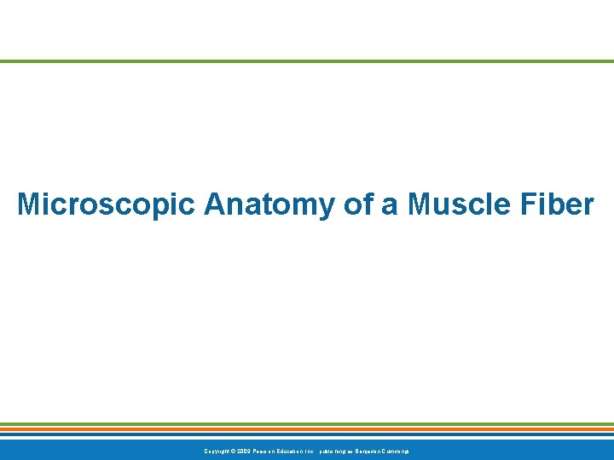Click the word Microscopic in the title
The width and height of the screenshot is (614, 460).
click(x=107, y=204)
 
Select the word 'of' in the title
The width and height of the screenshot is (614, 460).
click(x=355, y=204)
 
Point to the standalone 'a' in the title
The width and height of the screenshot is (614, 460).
click(x=390, y=205)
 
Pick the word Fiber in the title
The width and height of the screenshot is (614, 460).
click(x=558, y=204)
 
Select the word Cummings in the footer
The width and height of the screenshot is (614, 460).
click(x=397, y=451)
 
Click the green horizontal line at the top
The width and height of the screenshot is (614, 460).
click(x=307, y=61)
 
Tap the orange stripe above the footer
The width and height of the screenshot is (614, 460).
click(x=307, y=429)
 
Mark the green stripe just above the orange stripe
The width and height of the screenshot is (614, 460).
click(x=307, y=424)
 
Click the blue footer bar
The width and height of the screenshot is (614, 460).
click(x=512, y=450)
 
